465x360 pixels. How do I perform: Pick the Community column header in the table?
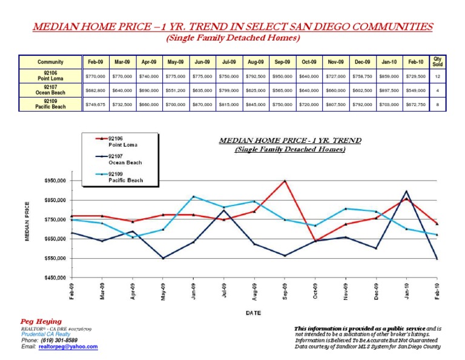[x=51, y=62]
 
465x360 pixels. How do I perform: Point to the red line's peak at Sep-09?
[x=285, y=181]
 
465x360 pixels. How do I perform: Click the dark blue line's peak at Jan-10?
[x=406, y=191]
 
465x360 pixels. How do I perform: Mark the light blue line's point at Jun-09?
[x=193, y=196]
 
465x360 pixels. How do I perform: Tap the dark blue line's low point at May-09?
[x=163, y=258]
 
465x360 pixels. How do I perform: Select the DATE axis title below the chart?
[x=253, y=313]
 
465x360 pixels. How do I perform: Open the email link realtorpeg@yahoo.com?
[x=68, y=347]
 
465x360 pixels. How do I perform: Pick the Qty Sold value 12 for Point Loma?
[x=437, y=76]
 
